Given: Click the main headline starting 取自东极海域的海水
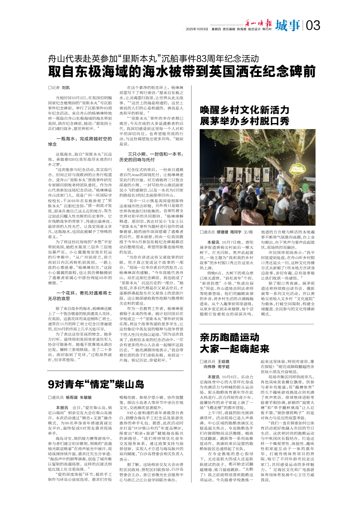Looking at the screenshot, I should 182,71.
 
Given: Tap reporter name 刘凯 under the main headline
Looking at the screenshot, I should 65,87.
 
